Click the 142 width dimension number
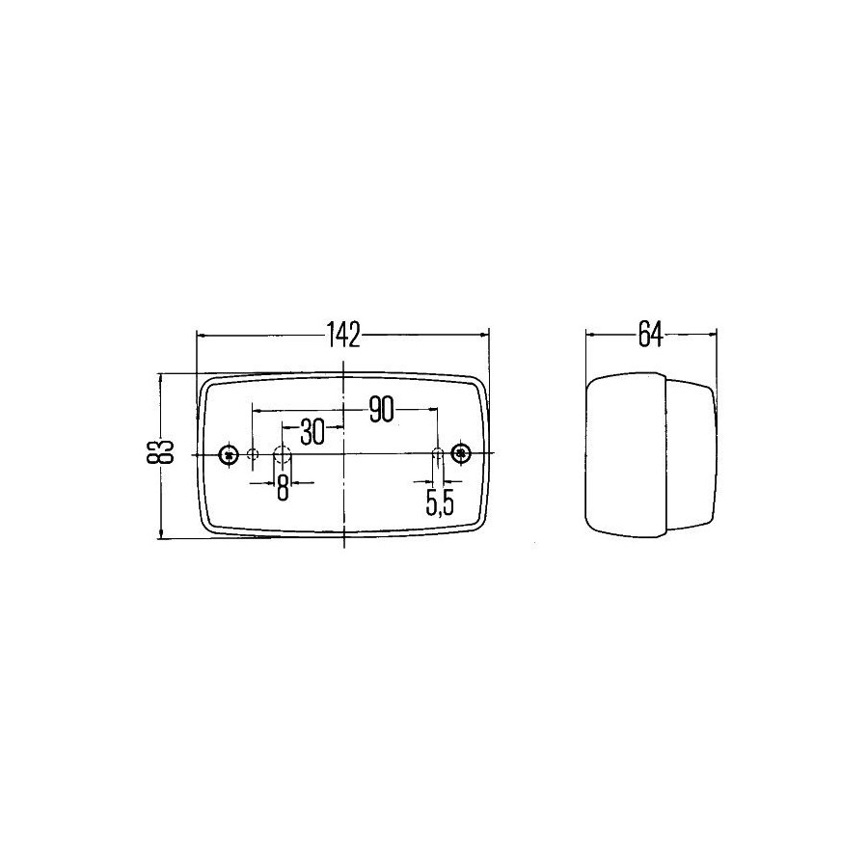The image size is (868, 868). pyautogui.click(x=343, y=334)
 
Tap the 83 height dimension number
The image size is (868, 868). pyautogui.click(x=164, y=451)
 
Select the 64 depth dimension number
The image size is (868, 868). pyautogui.click(x=650, y=334)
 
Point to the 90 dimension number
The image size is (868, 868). pyautogui.click(x=381, y=410)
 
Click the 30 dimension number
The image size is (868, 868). pyautogui.click(x=312, y=432)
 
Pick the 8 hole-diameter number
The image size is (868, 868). pyautogui.click(x=283, y=488)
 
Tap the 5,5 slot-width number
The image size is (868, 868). pyautogui.click(x=440, y=502)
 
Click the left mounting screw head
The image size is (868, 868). pyautogui.click(x=228, y=454)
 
